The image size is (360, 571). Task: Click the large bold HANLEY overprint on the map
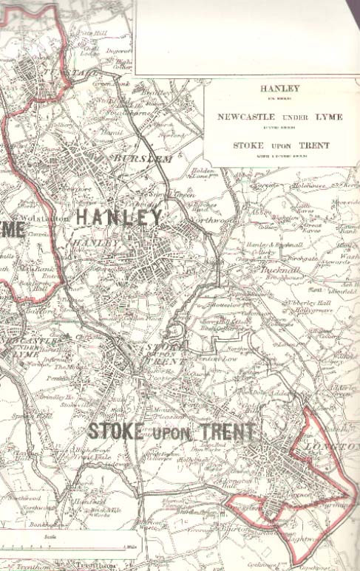click(x=119, y=216)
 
